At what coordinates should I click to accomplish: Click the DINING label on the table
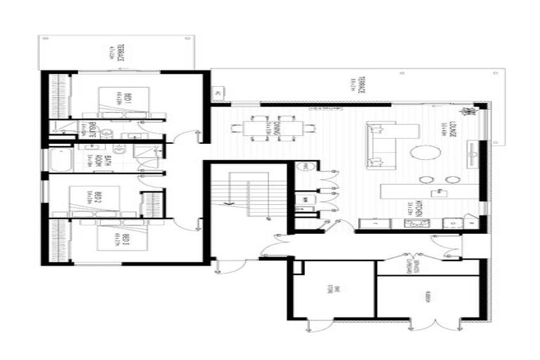click(x=271, y=128)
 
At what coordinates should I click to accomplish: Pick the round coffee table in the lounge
click(x=425, y=153)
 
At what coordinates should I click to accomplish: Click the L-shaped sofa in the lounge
click(x=387, y=144)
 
